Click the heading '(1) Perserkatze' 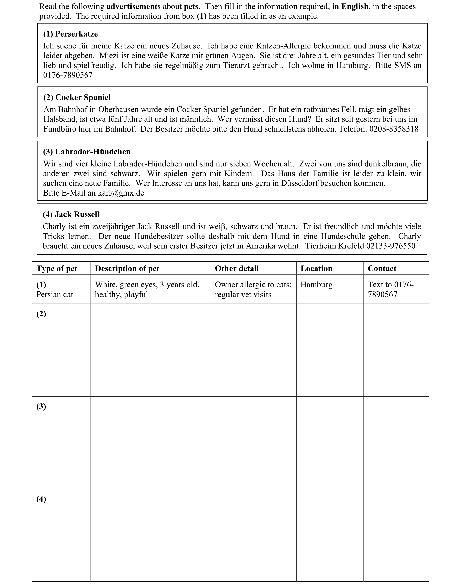click(71, 34)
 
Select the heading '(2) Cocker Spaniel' click(77, 98)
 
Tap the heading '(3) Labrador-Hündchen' click(87, 152)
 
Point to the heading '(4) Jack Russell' click(71, 214)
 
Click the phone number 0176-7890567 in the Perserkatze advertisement click(68, 75)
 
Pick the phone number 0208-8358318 click(394, 129)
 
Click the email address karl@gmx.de click(121, 193)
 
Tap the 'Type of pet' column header click(57, 268)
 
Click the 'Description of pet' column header click(127, 268)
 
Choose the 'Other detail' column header click(237, 268)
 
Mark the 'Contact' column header click(382, 268)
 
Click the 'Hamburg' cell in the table click(316, 285)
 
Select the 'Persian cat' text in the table click(55, 295)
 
